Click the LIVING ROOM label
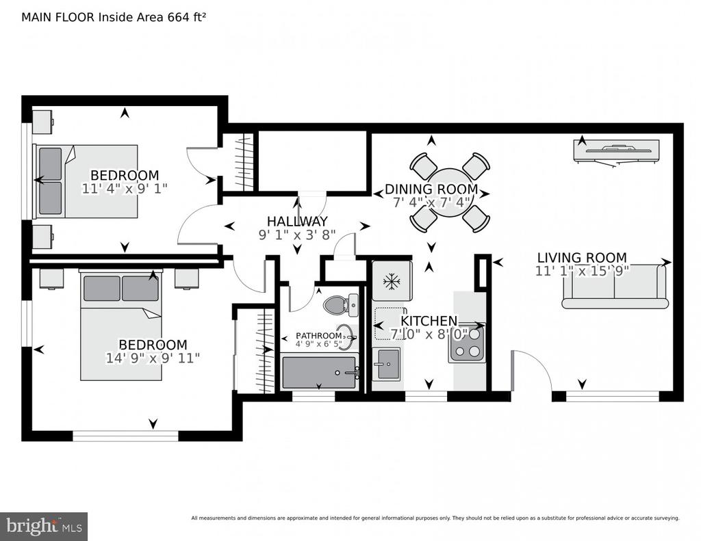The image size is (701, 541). [582, 258]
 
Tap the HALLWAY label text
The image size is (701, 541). [297, 221]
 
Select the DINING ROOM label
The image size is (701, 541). [431, 189]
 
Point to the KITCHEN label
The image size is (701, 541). [429, 321]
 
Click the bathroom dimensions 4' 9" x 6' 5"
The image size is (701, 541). [318, 344]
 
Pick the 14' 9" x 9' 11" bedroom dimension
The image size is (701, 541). [153, 358]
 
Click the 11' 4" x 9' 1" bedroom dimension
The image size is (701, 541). [125, 188]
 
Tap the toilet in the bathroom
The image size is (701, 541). [340, 304]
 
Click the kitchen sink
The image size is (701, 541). [387, 364]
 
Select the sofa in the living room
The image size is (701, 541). [615, 287]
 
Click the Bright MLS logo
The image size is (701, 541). [44, 526]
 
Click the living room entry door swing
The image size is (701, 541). [532, 371]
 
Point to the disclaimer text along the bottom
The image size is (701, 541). [435, 518]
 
